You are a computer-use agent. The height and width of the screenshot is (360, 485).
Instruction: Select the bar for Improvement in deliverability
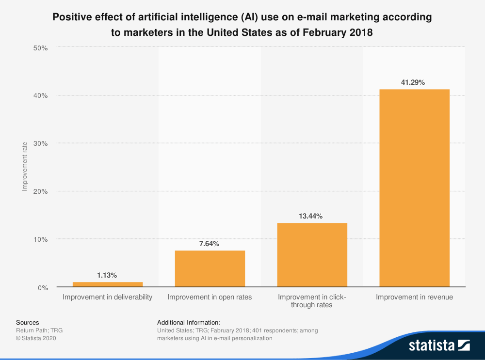tap(107, 284)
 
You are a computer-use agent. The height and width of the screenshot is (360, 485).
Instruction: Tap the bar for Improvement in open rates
tap(210, 268)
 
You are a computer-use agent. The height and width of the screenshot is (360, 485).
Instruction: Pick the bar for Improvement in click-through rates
tap(312, 255)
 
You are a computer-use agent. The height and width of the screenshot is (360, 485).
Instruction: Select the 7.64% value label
tap(210, 244)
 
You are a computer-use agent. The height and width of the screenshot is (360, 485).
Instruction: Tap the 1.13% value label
tap(107, 275)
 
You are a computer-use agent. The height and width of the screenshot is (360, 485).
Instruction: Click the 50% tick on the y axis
tap(40, 47)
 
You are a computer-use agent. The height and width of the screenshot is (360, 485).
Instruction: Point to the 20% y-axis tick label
tap(40, 191)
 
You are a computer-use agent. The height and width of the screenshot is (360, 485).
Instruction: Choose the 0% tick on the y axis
tap(42, 287)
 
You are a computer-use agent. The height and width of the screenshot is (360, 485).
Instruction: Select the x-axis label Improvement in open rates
tap(210, 297)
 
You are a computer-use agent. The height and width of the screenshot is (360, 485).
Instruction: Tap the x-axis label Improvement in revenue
tap(414, 297)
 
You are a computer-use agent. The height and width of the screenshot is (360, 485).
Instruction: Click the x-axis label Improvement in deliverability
tap(107, 297)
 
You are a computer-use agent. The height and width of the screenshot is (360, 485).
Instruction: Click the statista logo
tap(439, 345)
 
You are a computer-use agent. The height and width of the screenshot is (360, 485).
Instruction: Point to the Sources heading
tap(28, 322)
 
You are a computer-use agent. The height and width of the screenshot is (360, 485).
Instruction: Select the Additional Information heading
tap(189, 322)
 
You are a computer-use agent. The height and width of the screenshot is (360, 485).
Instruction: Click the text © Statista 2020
tap(36, 338)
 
